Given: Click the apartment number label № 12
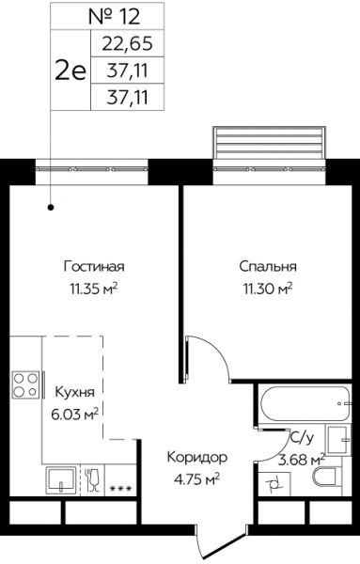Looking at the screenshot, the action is point(114,17).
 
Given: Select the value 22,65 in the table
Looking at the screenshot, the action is point(128,43).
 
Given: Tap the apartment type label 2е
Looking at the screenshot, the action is point(70,70).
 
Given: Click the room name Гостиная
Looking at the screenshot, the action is point(94,267).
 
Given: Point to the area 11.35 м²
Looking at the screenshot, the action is point(94,289).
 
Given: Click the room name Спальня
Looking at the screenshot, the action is point(268,267).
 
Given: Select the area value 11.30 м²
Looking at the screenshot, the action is point(268,289).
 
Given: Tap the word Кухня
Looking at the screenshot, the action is point(75,392).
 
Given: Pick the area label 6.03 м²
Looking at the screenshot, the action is point(75,415).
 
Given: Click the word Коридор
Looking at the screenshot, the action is point(197,458).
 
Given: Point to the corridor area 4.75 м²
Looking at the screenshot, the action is point(197,479).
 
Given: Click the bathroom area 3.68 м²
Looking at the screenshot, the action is point(302,460).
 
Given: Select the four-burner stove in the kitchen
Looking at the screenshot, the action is point(26,384).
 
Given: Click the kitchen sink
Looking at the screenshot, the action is point(61,480).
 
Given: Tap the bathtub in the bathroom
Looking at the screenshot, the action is point(305,403).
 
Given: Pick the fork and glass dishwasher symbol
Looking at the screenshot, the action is point(93,479).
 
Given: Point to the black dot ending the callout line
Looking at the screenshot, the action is point(51,207).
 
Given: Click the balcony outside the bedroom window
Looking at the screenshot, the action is point(270,143).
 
